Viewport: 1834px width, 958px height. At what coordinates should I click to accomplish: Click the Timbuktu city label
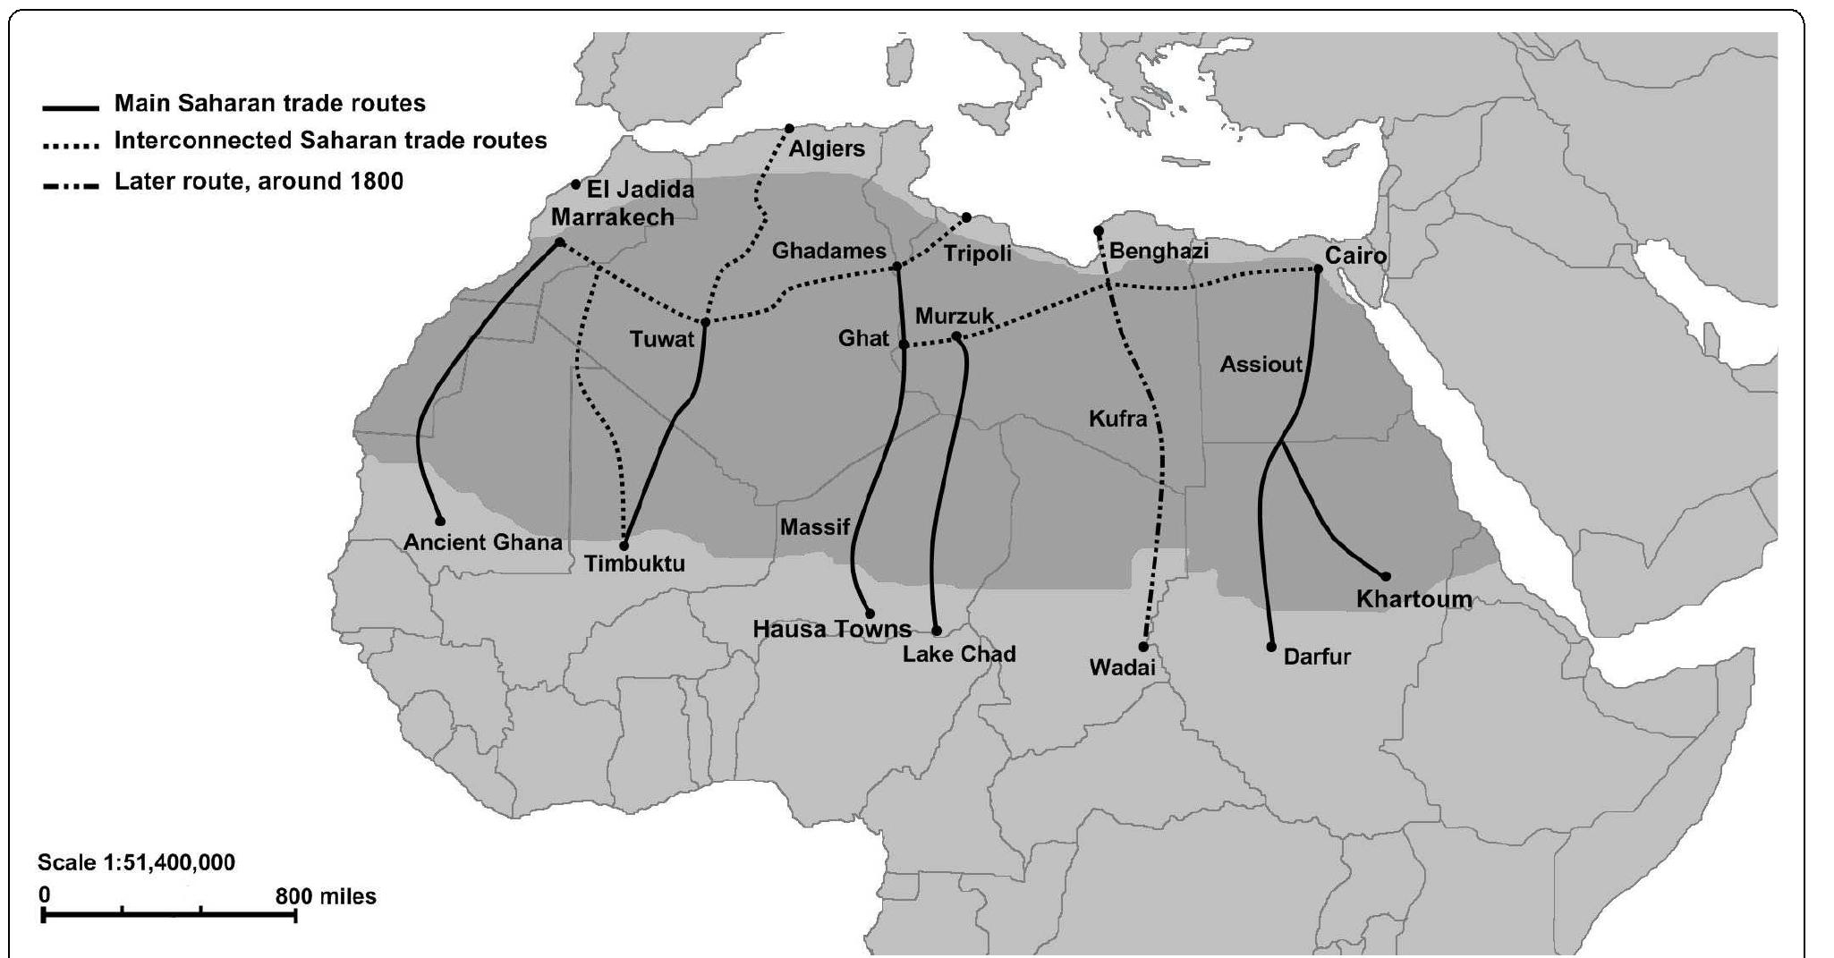[x=634, y=564]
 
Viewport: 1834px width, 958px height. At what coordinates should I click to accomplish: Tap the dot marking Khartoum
[x=1386, y=577]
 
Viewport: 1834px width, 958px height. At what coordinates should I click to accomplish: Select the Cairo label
[x=1355, y=256]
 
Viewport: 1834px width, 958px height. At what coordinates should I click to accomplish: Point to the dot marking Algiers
[x=789, y=129]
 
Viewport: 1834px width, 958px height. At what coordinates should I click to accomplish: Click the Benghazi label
[x=1159, y=251]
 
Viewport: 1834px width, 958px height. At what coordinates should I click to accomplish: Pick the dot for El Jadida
[x=575, y=184]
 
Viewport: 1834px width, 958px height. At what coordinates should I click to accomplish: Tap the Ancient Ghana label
[x=482, y=542]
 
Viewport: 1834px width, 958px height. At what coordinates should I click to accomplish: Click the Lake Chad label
[x=959, y=654]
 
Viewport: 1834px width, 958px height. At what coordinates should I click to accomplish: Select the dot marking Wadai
[x=1143, y=646]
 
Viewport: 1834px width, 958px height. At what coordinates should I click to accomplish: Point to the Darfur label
[x=1317, y=657]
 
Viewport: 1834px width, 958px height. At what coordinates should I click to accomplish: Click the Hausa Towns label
[x=832, y=629]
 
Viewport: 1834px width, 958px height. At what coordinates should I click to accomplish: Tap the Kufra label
[x=1117, y=419]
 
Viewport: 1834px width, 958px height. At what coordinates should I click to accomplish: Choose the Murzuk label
[x=955, y=316]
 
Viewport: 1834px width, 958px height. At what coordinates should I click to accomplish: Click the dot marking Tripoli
[x=966, y=217]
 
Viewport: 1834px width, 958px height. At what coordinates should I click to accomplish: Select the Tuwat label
[x=661, y=339]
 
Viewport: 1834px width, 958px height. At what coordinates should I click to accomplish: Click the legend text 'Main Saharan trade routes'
[x=269, y=104]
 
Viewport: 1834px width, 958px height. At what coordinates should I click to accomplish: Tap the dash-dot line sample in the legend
[x=71, y=186]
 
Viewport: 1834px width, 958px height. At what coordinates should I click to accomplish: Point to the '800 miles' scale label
[x=326, y=896]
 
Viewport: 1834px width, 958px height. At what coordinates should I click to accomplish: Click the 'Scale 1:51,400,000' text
[x=136, y=863]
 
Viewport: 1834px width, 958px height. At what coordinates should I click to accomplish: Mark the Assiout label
[x=1261, y=364]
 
